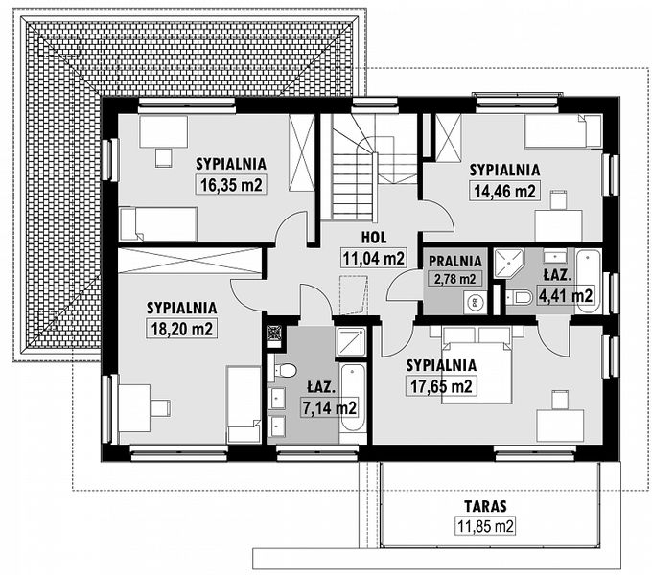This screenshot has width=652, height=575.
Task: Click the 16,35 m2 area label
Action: [232, 185]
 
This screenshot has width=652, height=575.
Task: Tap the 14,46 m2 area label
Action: [503, 191]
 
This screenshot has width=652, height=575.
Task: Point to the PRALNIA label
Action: [454, 260]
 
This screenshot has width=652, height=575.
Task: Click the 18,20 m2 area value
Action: [180, 329]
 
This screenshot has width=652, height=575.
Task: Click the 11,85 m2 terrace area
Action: [484, 525]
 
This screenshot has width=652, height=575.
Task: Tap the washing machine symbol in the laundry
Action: [473, 302]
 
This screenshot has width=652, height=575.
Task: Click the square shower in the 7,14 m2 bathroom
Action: [351, 342]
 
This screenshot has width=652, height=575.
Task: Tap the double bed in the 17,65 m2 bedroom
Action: [477, 364]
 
